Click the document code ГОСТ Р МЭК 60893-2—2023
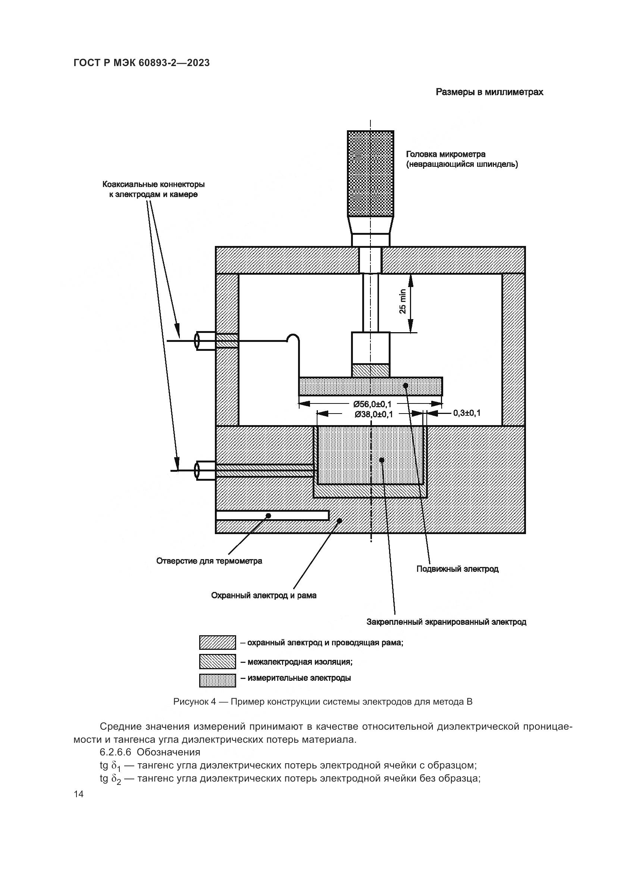point(141,63)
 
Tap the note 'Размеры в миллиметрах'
point(489,92)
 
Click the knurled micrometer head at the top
point(370,174)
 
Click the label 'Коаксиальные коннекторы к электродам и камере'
point(153,189)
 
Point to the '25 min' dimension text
point(403,302)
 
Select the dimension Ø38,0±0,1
point(373,414)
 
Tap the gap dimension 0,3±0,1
point(467,413)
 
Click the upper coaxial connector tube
point(206,341)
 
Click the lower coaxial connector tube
point(206,471)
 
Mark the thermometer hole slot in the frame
point(272,515)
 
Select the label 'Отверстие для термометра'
point(209,561)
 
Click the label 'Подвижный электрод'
point(457,569)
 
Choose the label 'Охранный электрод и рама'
point(264,596)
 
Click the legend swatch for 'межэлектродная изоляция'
point(217,662)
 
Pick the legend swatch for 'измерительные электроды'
point(217,681)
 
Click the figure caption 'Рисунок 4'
point(323,702)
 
